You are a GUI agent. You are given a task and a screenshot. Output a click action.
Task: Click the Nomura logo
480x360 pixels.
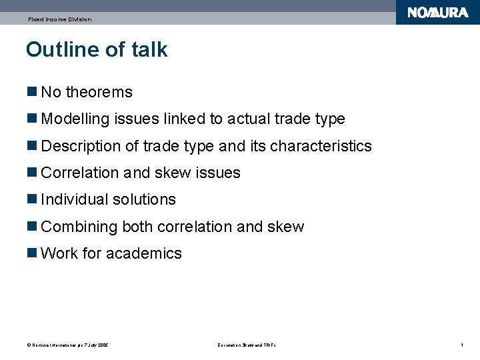pos(438,13)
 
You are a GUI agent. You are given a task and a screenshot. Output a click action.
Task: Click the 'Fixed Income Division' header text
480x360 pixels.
pos(59,19)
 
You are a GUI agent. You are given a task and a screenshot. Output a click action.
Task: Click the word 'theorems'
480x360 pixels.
pos(99,92)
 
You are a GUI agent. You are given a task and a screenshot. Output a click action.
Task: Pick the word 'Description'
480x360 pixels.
pos(81,146)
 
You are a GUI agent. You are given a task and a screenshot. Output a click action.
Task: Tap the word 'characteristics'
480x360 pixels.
pos(321,146)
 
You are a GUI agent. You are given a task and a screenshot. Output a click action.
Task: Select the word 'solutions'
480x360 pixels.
pos(146,199)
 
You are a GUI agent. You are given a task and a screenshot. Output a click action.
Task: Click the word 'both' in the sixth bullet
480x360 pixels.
pos(137,227)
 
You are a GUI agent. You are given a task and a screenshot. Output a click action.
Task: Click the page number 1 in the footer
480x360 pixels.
pos(461,345)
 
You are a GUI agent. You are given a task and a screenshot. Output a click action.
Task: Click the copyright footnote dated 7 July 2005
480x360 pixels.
pos(67,345)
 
